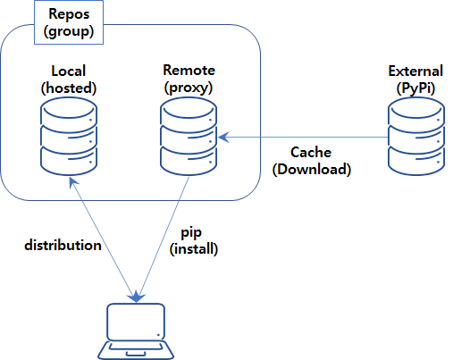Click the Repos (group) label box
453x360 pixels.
click(x=69, y=22)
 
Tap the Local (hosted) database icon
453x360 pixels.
click(x=69, y=137)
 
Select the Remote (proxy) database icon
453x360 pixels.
click(x=189, y=137)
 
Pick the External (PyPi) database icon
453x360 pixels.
click(x=416, y=137)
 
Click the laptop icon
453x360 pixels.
click(x=136, y=331)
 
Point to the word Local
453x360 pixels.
click(x=69, y=71)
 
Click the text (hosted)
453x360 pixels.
click(x=69, y=88)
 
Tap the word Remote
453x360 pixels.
click(x=189, y=71)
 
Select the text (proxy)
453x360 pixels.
click(x=189, y=88)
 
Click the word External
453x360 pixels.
click(x=415, y=71)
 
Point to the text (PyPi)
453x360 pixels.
click(x=415, y=88)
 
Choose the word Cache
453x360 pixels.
click(x=311, y=152)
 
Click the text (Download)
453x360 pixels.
click(x=312, y=169)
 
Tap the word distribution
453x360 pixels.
click(x=63, y=245)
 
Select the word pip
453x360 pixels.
click(x=191, y=233)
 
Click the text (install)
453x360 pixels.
click(x=194, y=249)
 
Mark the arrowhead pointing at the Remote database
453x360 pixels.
click(x=223, y=138)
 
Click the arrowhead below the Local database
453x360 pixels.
click(x=72, y=182)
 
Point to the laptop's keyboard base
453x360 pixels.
click(x=136, y=350)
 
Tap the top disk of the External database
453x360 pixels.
click(x=416, y=113)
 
